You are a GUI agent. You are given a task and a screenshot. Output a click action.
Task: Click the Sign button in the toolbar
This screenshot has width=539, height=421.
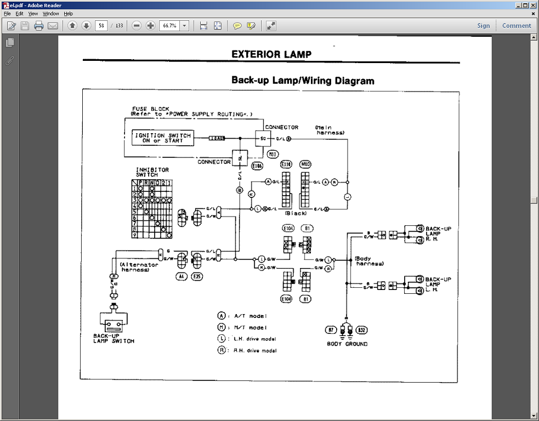(x=483, y=26)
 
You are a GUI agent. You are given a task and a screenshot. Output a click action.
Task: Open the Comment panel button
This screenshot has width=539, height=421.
(x=517, y=26)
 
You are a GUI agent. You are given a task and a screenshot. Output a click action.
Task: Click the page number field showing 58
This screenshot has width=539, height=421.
(x=101, y=26)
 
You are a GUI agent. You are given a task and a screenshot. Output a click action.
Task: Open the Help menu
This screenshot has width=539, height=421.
(x=68, y=13)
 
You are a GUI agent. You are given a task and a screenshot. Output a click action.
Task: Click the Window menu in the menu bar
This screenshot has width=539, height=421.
(x=51, y=13)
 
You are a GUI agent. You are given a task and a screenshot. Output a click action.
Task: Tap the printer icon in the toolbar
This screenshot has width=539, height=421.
(x=39, y=26)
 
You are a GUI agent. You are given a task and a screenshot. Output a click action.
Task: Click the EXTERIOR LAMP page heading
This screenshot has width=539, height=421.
(x=271, y=54)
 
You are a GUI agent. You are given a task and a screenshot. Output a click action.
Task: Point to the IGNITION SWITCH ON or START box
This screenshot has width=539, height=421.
(x=163, y=138)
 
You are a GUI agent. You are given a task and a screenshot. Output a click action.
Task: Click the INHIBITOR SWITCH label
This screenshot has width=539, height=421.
(x=152, y=172)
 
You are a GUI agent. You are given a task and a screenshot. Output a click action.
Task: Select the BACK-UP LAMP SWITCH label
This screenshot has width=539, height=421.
(x=114, y=338)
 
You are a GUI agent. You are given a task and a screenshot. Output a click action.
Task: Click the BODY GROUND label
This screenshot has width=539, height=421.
(x=347, y=344)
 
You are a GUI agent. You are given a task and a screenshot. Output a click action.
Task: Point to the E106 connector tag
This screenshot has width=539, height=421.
(x=257, y=165)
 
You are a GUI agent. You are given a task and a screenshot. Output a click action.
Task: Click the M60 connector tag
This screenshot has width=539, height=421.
(x=305, y=164)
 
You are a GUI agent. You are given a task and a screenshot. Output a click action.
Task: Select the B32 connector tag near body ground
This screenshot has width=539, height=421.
(x=361, y=330)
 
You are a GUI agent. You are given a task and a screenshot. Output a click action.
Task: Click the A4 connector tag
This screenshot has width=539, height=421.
(x=181, y=277)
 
